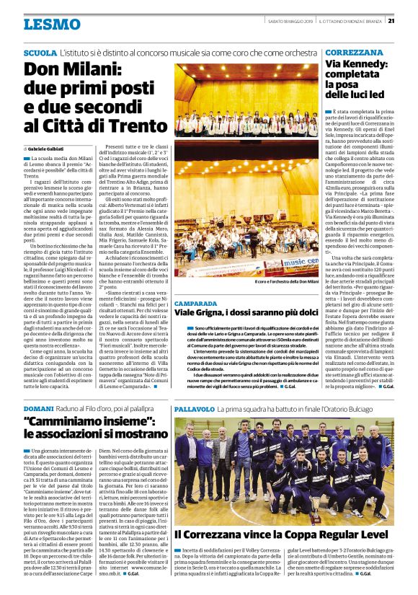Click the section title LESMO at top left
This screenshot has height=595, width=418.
coord(52,24)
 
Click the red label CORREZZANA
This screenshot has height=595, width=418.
coord(354,53)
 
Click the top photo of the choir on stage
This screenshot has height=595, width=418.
coord(245,101)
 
